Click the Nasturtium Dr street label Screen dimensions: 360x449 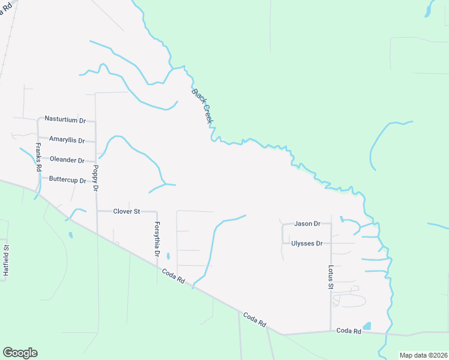tap(65, 119)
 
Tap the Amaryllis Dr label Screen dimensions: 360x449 tap(68, 139)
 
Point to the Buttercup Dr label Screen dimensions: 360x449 tap(68, 179)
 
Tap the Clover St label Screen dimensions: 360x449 tap(127, 211)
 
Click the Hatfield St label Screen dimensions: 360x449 tap(6, 260)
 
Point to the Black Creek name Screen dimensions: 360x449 tap(202, 106)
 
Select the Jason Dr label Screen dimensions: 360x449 tap(307, 224)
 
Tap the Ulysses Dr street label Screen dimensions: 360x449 tap(307, 244)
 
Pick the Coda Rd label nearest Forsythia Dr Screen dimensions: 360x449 tap(173, 277)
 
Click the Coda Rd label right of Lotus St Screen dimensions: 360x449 tap(348, 331)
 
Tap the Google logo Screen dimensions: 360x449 tap(20, 353)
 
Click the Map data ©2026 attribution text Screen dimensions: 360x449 tap(423, 355)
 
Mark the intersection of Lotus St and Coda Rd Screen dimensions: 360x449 tap(331, 331)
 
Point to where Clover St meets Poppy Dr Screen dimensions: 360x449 tap(97, 211)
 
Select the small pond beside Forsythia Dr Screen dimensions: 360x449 tap(168, 256)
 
